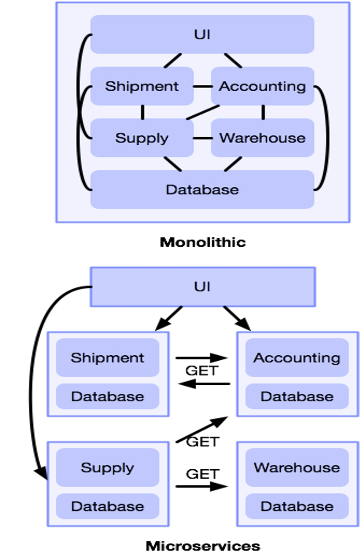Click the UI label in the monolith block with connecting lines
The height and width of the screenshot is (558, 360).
[x=202, y=35]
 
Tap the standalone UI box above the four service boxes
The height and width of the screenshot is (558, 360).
[x=202, y=287]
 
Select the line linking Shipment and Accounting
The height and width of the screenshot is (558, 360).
[x=202, y=87]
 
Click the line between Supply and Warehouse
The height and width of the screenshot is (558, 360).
[x=202, y=138]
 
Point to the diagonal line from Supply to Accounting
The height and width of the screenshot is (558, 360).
[x=203, y=112]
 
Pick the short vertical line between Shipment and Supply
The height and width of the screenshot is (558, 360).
[x=142, y=112]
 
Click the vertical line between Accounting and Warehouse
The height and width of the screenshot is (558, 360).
[x=263, y=112]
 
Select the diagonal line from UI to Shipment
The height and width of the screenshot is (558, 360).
[x=173, y=61]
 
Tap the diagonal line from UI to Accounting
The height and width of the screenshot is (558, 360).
[x=233, y=61]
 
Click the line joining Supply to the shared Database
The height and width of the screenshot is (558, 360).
[x=172, y=164]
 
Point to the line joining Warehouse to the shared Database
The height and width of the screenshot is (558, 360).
[x=233, y=164]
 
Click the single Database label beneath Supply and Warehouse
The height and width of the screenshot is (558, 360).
[x=202, y=190]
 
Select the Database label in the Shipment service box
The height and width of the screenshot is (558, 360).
[x=108, y=397]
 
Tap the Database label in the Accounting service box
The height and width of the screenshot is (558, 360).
[x=297, y=397]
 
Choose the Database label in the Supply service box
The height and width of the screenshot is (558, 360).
[x=108, y=506]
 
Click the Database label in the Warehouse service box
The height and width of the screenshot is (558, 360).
[x=297, y=506]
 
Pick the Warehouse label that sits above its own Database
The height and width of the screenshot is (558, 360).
[x=297, y=468]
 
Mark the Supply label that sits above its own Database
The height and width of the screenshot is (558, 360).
[x=108, y=468]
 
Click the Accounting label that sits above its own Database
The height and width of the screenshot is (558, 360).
[x=297, y=358]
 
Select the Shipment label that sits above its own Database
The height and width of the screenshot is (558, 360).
[x=108, y=358]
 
